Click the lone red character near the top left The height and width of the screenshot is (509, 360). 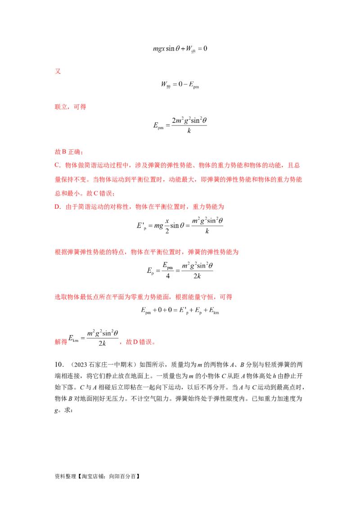[x=57, y=71]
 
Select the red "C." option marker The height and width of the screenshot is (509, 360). [x=56, y=165]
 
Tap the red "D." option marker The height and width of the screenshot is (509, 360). [x=56, y=207]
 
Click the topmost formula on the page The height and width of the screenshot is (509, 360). [x=180, y=49]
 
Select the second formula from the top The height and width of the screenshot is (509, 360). [x=180, y=84]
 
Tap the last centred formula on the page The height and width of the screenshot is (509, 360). [x=180, y=310]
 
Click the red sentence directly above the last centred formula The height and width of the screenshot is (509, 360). [x=144, y=297]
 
